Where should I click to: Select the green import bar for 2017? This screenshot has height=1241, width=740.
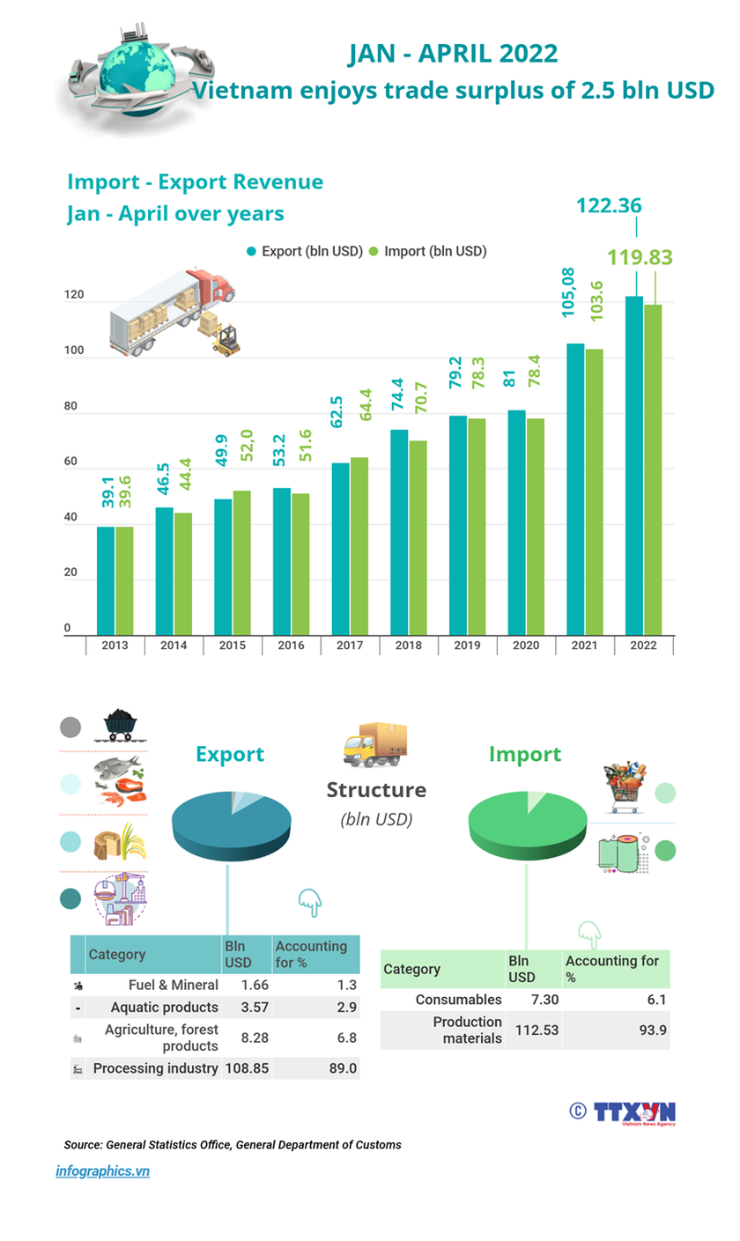tap(359, 546)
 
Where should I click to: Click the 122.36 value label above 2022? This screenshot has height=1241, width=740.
tap(609, 206)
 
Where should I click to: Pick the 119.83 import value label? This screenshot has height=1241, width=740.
tap(640, 257)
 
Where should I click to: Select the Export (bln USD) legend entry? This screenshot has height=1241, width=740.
tap(305, 251)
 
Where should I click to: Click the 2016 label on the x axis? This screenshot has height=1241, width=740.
tap(291, 646)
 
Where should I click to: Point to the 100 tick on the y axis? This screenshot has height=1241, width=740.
tap(74, 351)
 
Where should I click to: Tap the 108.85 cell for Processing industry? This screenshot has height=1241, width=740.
tap(247, 1068)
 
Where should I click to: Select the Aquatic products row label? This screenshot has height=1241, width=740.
tap(164, 1007)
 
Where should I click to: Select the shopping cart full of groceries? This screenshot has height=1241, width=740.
tap(625, 787)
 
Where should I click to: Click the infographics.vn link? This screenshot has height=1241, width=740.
tap(102, 1171)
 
